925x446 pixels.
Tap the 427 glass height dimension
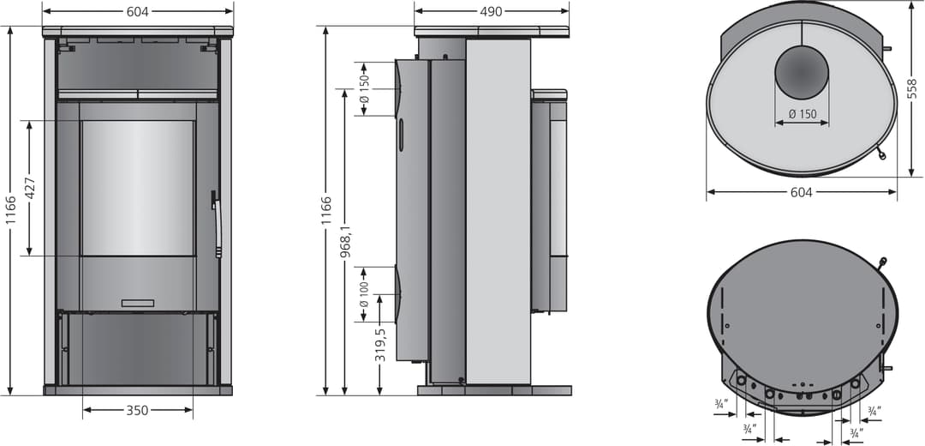pyautogui.click(x=29, y=188)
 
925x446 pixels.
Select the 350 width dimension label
pyautogui.click(x=137, y=410)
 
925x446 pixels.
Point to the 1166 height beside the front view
pyautogui.click(x=10, y=226)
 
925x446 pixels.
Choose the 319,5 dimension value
pyautogui.click(x=380, y=345)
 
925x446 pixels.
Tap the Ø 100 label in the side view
pyautogui.click(x=364, y=293)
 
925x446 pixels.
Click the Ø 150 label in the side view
pyautogui.click(x=364, y=88)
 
